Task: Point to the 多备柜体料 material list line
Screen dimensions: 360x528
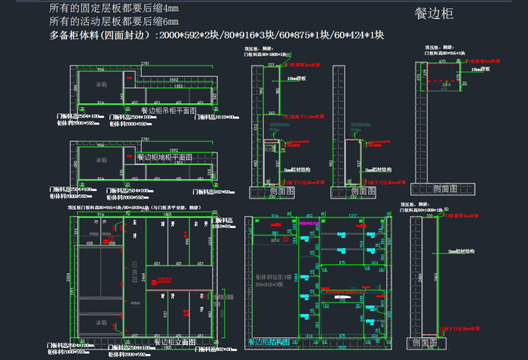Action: [x=216, y=35]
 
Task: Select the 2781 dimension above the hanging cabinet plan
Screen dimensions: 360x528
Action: [x=144, y=62]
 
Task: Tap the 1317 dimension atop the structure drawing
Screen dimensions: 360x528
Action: [x=352, y=216]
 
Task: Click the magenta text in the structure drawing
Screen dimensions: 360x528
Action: [x=309, y=223]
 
